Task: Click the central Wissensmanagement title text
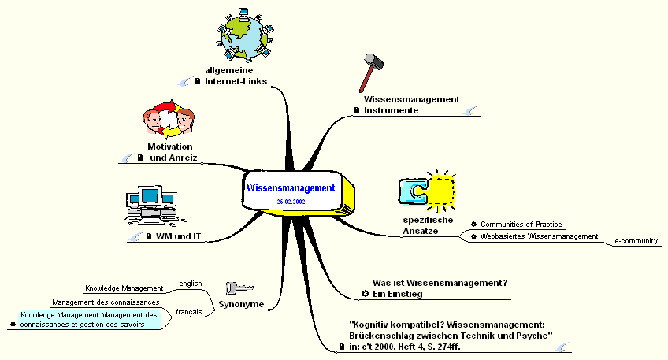click(x=291, y=188)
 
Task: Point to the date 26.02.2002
click(x=291, y=202)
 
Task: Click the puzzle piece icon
click(x=428, y=190)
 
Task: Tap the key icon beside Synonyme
click(x=241, y=288)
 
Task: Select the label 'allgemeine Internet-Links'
click(x=236, y=76)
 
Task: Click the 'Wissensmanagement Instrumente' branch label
click(x=411, y=105)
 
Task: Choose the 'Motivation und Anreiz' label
click(x=170, y=152)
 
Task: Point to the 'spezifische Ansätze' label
click(x=428, y=225)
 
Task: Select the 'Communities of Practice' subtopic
click(x=521, y=225)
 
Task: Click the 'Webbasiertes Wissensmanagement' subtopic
click(x=539, y=236)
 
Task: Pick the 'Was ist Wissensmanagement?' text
click(x=439, y=283)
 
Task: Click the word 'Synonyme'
click(x=240, y=304)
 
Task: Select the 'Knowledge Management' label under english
click(x=124, y=288)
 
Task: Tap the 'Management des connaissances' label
click(x=106, y=302)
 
